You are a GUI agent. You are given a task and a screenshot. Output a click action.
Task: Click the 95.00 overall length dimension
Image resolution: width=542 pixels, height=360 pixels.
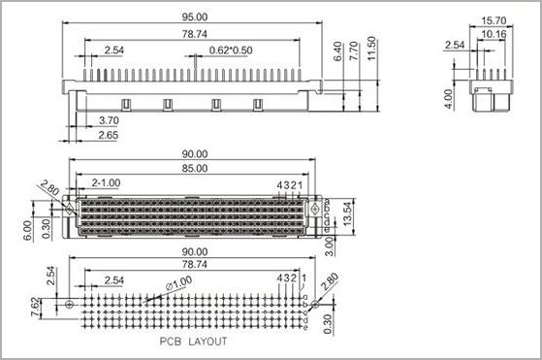pos(195,16)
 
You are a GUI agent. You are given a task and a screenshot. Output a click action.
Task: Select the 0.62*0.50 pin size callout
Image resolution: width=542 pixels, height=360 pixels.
pos(231,50)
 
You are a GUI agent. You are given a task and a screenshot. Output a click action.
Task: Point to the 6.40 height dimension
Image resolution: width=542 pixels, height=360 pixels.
pos(337,51)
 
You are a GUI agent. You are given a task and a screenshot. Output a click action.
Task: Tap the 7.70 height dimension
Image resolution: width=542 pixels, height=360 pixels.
pos(354,51)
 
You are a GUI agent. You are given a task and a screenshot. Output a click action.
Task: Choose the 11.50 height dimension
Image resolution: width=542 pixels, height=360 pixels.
pos(371,49)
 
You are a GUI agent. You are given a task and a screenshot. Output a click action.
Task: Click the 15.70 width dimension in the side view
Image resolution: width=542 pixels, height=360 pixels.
pos(494,20)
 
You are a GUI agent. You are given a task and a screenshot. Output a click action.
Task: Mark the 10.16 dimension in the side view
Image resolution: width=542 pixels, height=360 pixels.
pos(494,34)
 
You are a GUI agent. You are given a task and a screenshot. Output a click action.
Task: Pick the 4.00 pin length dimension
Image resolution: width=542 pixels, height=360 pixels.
pos(448,99)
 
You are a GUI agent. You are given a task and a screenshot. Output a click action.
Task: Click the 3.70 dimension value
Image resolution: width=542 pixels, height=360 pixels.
pos(109,120)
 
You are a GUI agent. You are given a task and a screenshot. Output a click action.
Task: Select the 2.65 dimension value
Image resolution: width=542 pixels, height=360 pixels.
pos(109,135)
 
